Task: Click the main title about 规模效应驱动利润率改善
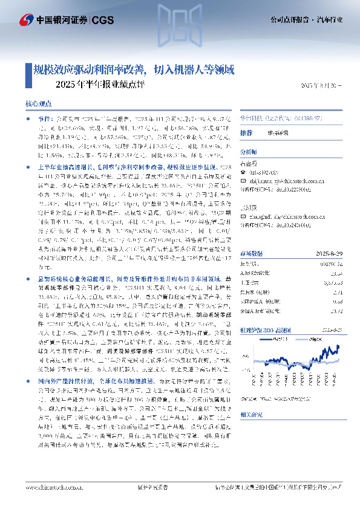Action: click(x=133, y=70)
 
